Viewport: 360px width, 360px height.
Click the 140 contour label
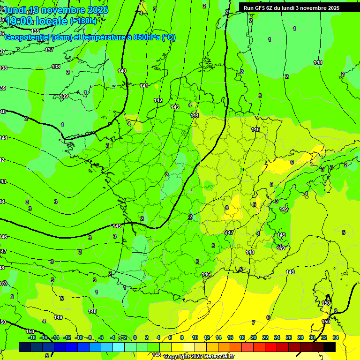tap(122, 71)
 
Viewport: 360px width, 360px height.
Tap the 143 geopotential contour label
tap(175, 107)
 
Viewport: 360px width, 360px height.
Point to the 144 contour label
tap(195, 115)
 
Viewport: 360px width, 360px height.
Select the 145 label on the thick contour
tap(117, 226)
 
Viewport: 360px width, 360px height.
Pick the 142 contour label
tap(158, 100)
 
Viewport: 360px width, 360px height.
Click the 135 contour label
tap(36, 31)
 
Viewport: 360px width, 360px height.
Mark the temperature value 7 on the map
tap(253, 322)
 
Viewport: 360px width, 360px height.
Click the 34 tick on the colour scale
tap(336, 337)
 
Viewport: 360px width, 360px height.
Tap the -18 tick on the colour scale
tap(32, 337)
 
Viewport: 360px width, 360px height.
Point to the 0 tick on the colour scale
tap(135, 337)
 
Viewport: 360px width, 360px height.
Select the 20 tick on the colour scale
tap(254, 337)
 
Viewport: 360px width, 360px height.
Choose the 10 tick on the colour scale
tap(195, 337)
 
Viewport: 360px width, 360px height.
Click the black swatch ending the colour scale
tap(329, 347)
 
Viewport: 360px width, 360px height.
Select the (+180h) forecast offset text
tap(83, 21)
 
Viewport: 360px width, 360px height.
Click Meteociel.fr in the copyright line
tap(218, 357)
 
